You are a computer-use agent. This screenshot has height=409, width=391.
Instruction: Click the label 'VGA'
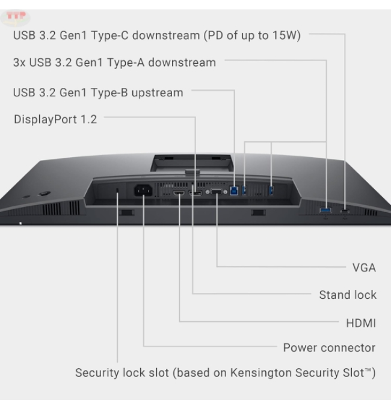(364, 268)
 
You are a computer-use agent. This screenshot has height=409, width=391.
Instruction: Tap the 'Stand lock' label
(348, 295)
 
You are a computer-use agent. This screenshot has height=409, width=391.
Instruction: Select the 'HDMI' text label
(361, 323)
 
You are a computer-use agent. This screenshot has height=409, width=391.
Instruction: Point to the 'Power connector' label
(329, 348)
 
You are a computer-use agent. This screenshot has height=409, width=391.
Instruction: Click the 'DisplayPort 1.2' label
(55, 119)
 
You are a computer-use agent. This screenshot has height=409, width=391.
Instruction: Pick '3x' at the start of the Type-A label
(19, 63)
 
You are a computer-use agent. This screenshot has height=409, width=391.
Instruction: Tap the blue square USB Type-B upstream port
(233, 191)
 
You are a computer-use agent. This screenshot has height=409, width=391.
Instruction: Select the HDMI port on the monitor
(179, 193)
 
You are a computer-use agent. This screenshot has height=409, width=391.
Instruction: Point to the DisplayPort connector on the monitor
(195, 193)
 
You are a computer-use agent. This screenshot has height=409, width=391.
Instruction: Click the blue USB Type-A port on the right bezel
(325, 210)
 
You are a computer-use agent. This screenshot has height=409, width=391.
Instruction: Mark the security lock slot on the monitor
(117, 191)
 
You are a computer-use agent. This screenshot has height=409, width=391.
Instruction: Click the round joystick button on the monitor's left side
(43, 194)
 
